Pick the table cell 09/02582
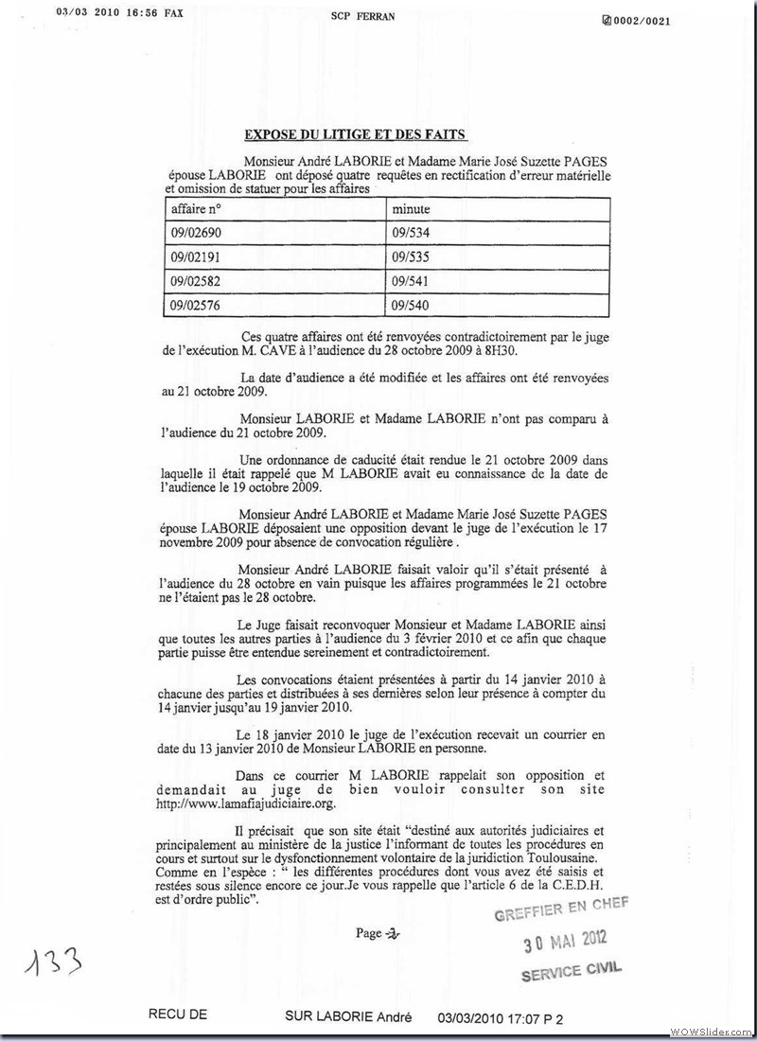(195, 281)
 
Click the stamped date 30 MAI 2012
(566, 940)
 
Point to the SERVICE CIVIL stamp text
(572, 969)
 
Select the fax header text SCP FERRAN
(363, 17)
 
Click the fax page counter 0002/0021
(637, 21)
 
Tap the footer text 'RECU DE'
(178, 1017)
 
